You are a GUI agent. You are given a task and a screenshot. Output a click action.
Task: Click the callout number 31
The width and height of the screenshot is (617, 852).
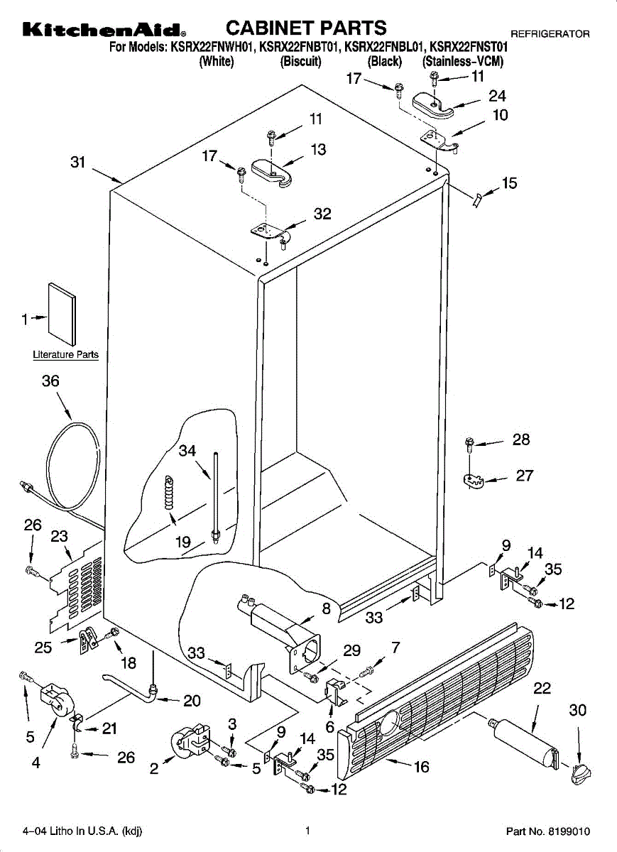pyautogui.click(x=78, y=163)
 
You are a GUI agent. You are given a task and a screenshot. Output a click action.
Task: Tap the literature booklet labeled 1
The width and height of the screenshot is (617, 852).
pyautogui.click(x=62, y=314)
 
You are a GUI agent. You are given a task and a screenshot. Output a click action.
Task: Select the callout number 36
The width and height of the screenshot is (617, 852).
pyautogui.click(x=50, y=381)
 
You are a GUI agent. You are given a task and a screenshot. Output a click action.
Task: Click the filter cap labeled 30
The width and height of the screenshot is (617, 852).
pyautogui.click(x=581, y=774)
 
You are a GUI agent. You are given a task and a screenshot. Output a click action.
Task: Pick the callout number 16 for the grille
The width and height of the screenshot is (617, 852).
pyautogui.click(x=422, y=767)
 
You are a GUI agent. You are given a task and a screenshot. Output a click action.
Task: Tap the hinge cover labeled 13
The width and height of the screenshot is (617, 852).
pyautogui.click(x=272, y=173)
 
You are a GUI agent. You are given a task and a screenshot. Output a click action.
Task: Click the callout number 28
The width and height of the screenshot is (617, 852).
pyautogui.click(x=520, y=439)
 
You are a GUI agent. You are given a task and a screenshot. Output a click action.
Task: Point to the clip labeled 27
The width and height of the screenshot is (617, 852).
pyautogui.click(x=473, y=481)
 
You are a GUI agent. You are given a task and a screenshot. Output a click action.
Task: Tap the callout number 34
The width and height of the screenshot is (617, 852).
pyautogui.click(x=187, y=451)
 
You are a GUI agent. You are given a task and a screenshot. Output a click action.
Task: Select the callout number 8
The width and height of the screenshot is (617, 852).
pyautogui.click(x=327, y=608)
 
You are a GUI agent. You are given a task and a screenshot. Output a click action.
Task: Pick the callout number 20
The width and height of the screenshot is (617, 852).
pyautogui.click(x=192, y=700)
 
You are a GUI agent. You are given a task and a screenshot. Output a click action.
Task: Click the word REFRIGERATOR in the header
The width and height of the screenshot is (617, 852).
pyautogui.click(x=550, y=34)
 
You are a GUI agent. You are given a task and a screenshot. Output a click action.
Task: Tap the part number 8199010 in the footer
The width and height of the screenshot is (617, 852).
pyautogui.click(x=569, y=831)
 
